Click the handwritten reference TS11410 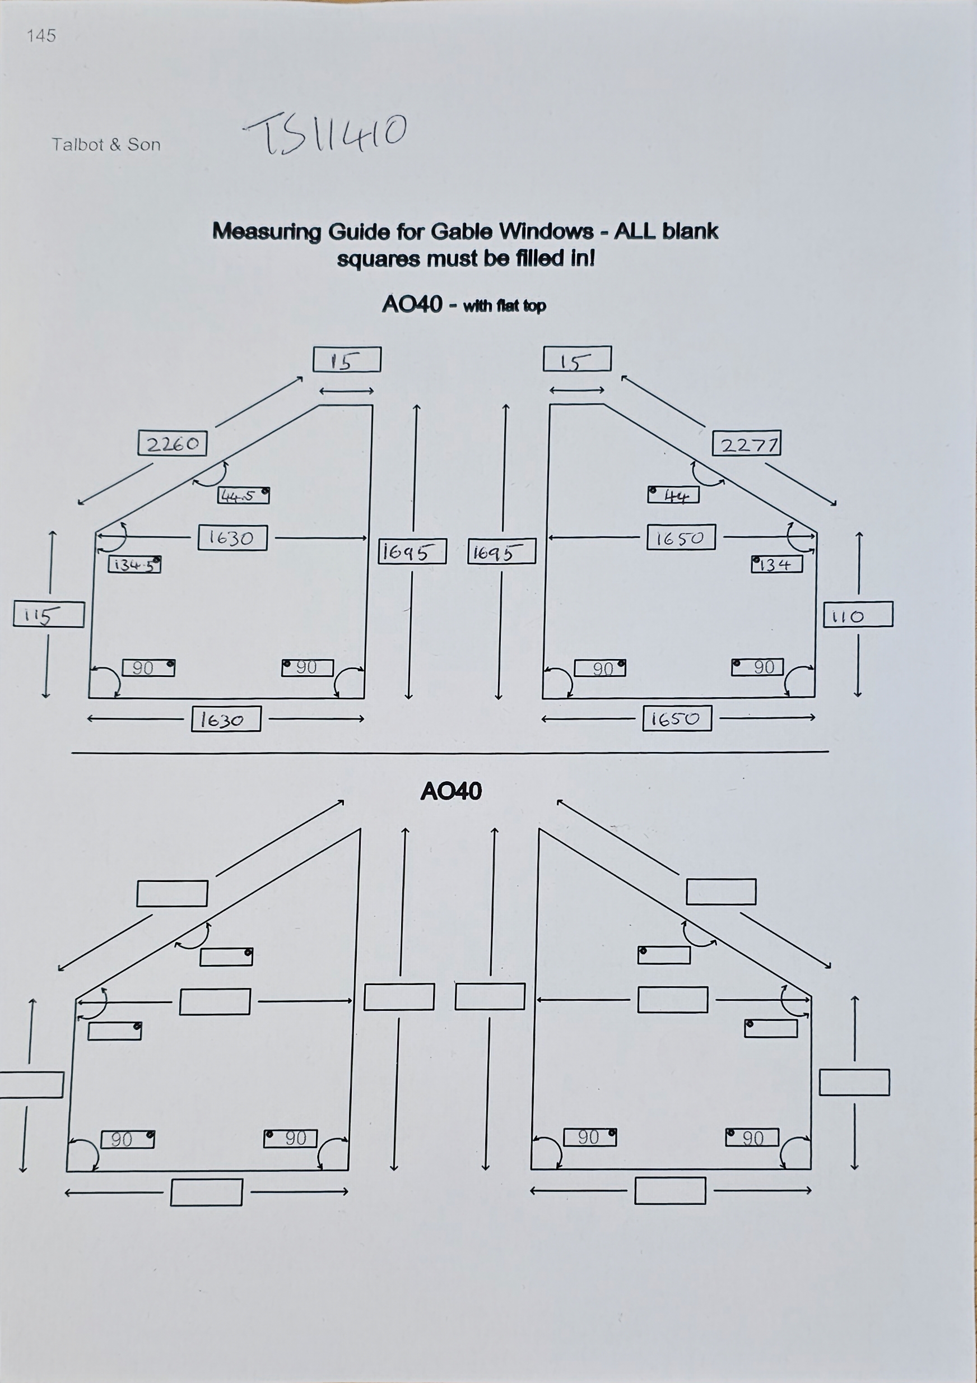coord(326,133)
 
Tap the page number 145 coord(41,36)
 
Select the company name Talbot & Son coord(106,145)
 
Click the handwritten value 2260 coord(173,443)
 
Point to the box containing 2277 coord(747,443)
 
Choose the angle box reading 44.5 coord(243,495)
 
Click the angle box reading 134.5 coord(134,564)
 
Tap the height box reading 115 coord(48,614)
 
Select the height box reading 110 coord(858,614)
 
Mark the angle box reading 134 coord(776,564)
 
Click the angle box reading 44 coord(673,495)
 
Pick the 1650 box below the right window coord(677,718)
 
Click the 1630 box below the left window coord(226,719)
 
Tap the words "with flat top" coord(504,306)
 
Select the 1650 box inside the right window coord(681,537)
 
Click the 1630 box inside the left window coord(232,537)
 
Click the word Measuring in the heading coord(267,232)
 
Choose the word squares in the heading coord(378,259)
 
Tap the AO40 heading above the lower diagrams coord(451,791)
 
